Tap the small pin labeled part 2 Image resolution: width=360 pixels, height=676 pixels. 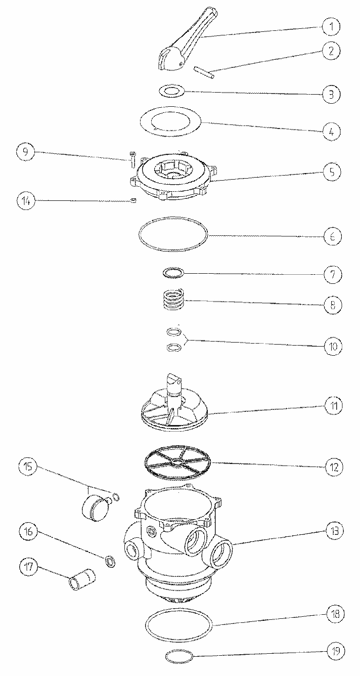[x=204, y=73]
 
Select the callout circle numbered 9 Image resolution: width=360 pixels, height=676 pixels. [x=26, y=152]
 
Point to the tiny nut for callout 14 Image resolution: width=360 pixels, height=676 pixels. [x=133, y=200]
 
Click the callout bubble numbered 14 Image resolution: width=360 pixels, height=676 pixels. [x=26, y=201]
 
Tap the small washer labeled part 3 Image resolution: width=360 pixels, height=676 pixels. [x=171, y=91]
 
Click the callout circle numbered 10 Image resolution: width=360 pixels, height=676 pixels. [x=333, y=346]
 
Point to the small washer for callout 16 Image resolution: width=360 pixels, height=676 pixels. [x=110, y=561]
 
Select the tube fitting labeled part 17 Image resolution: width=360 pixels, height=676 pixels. [x=82, y=578]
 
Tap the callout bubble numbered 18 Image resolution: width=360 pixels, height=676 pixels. [x=335, y=614]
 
